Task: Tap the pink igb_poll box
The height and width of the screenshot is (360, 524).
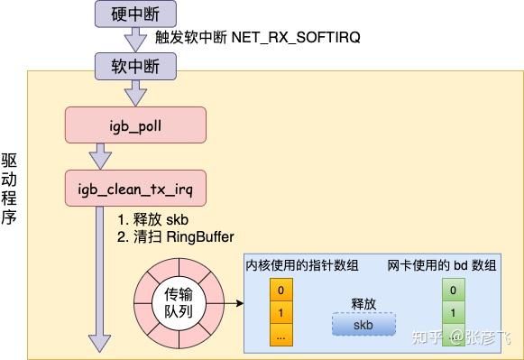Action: pos(136,125)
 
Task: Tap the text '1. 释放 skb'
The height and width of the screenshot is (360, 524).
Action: pos(153,219)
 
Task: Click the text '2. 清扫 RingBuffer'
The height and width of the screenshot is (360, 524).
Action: pos(177,236)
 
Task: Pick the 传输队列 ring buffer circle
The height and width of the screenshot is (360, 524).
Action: pos(178,301)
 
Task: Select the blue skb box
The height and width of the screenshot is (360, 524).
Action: pos(363,325)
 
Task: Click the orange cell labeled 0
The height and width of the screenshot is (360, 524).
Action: pos(281,291)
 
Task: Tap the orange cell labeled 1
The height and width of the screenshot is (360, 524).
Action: pos(281,313)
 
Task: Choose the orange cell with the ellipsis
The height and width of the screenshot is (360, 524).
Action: pos(281,335)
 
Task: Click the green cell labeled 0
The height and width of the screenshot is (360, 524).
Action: pos(452,291)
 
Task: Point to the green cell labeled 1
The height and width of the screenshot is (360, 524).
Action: pos(452,312)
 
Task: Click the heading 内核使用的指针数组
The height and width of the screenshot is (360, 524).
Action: pos(302,265)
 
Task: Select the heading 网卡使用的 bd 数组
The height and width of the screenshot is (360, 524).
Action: pos(442,265)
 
